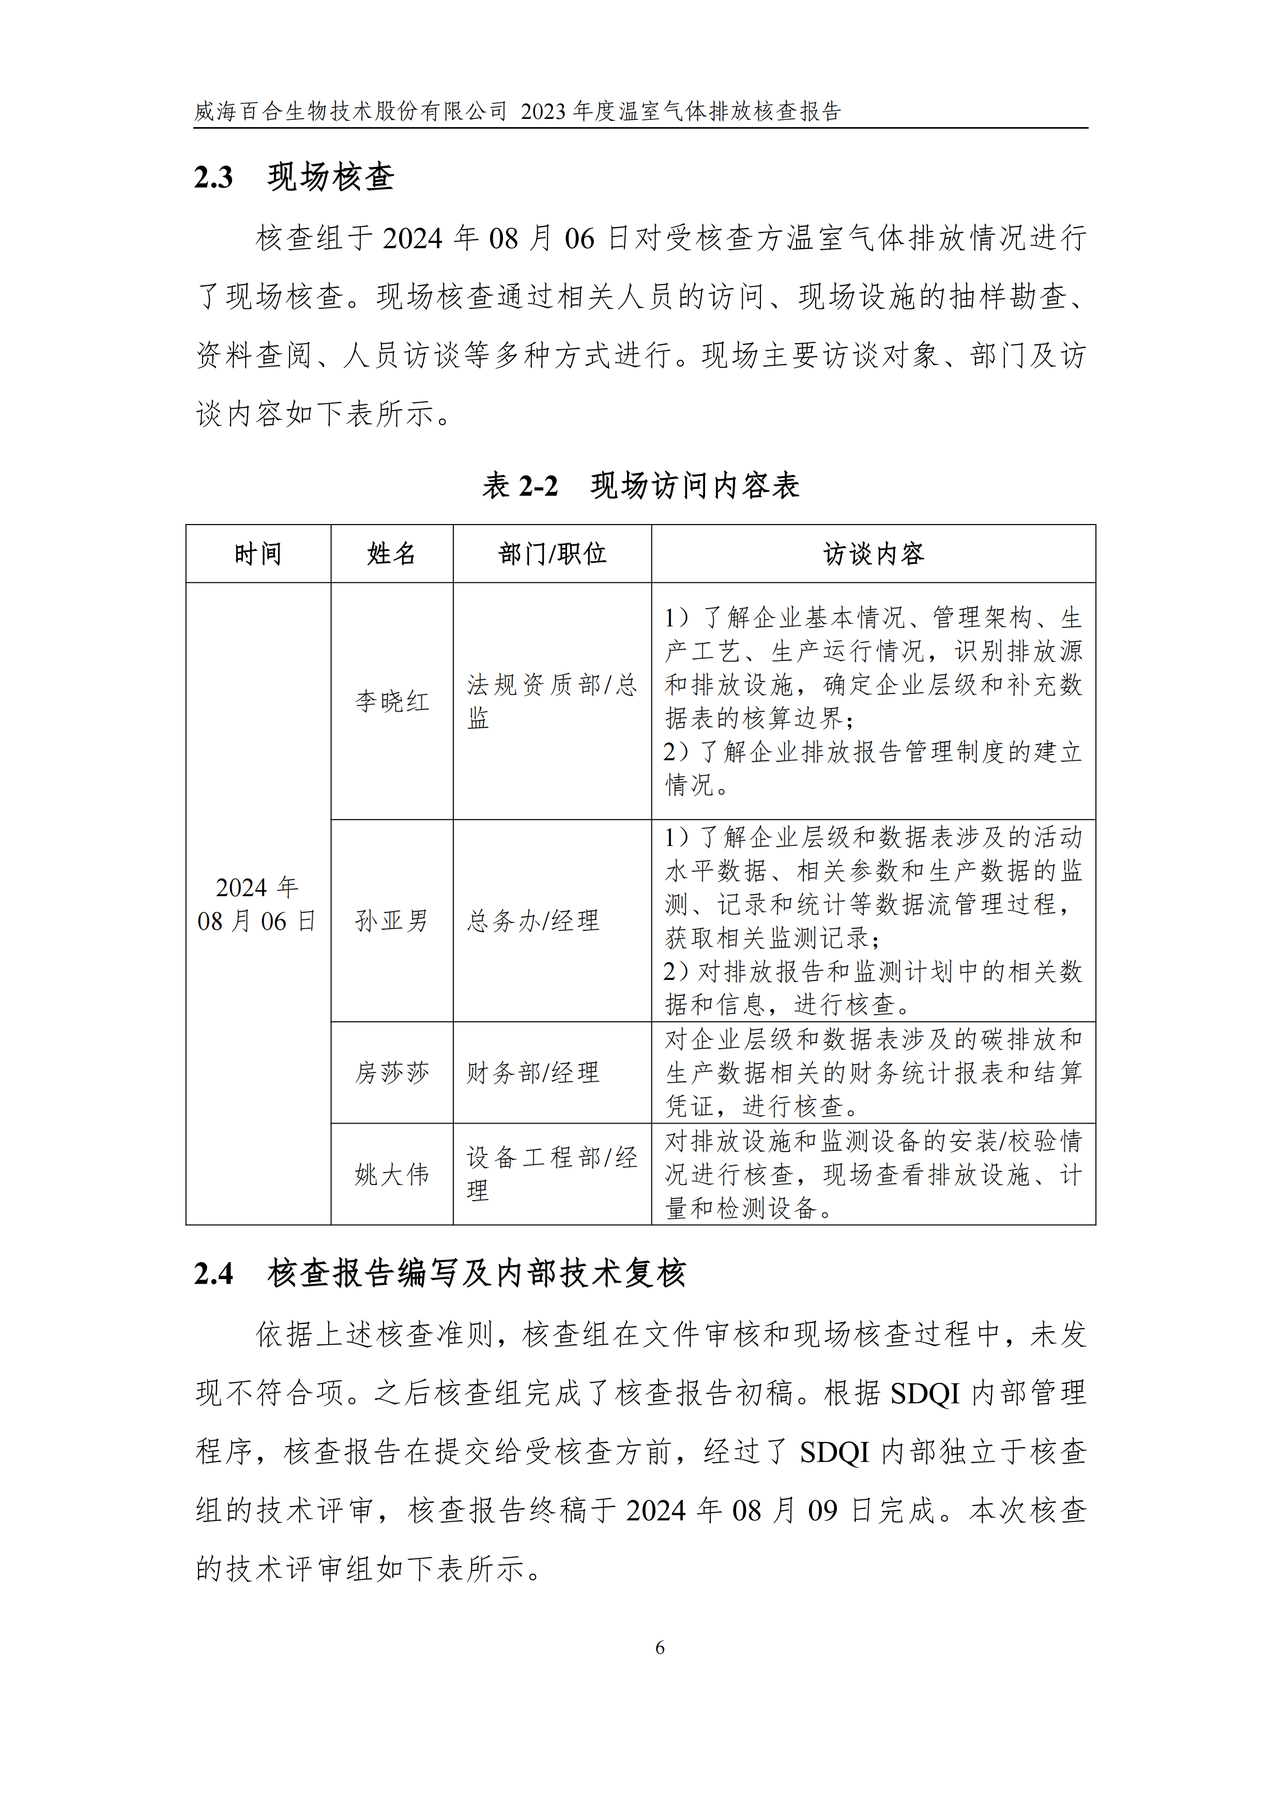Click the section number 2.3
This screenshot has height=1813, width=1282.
click(x=213, y=177)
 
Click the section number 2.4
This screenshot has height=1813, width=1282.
click(x=213, y=1273)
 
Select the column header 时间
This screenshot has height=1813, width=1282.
click(x=257, y=554)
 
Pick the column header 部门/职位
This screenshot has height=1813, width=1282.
click(x=552, y=554)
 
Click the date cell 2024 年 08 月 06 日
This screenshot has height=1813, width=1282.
click(x=257, y=904)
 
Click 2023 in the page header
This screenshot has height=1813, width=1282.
click(x=543, y=111)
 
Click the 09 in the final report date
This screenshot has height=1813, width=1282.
click(x=822, y=1511)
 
